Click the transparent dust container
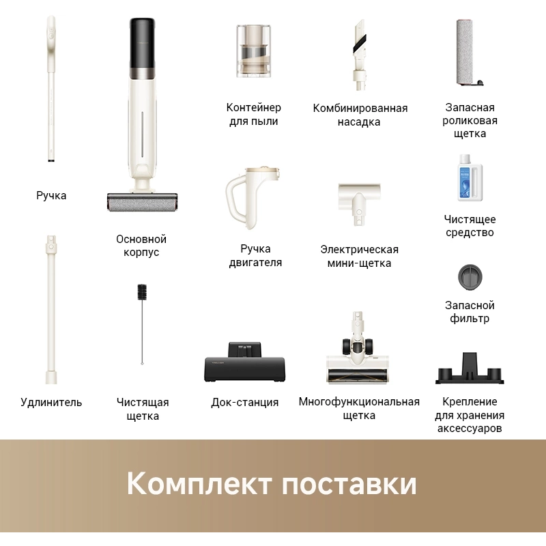253,51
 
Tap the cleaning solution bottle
470,177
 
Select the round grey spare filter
470,277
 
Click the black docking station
245,362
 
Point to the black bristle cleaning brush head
142,292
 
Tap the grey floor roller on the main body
142,202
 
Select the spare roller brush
469,53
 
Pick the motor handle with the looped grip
253,197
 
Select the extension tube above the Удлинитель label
51,310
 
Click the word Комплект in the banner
199,483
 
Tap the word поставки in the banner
349,484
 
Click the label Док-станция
245,402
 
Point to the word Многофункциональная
359,401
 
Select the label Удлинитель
51,402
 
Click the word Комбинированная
360,108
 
